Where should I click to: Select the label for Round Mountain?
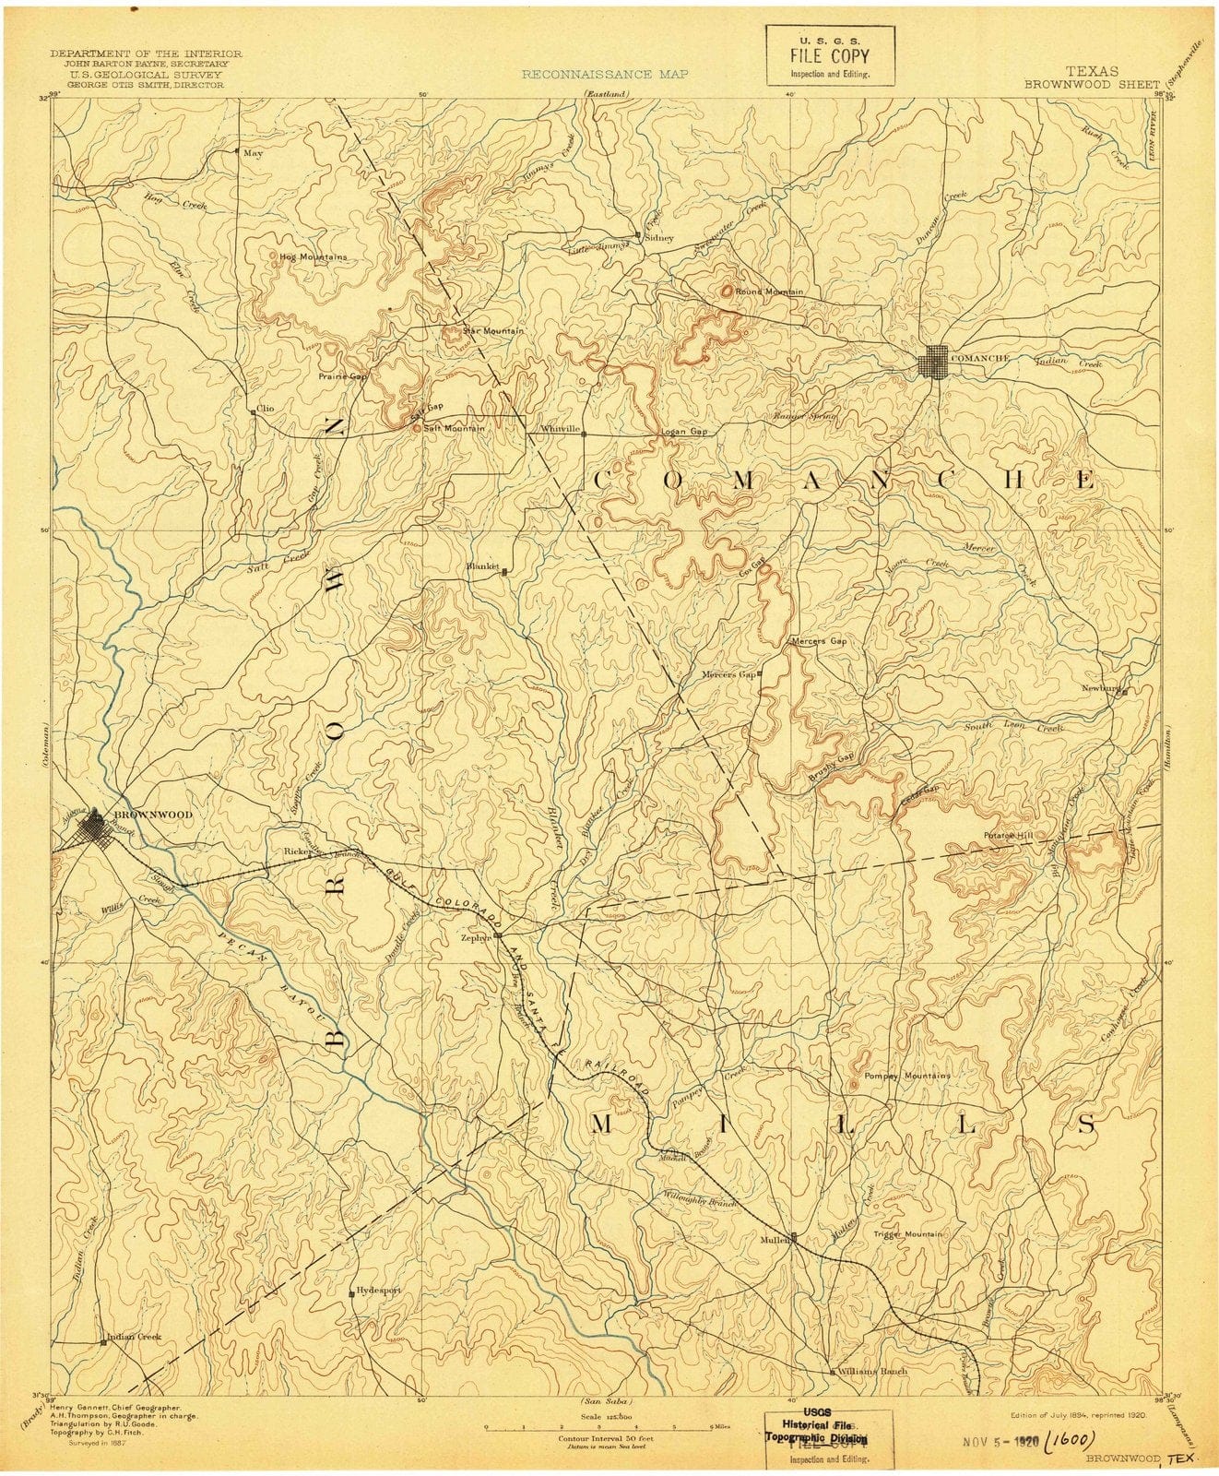coord(769,292)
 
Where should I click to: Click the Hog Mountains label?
coord(314,256)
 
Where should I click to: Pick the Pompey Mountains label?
coord(906,1076)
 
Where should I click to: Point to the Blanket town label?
coord(483,565)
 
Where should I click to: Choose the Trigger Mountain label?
coord(908,1234)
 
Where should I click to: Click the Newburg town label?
coord(1101,688)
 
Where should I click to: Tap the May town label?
coord(253,153)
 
